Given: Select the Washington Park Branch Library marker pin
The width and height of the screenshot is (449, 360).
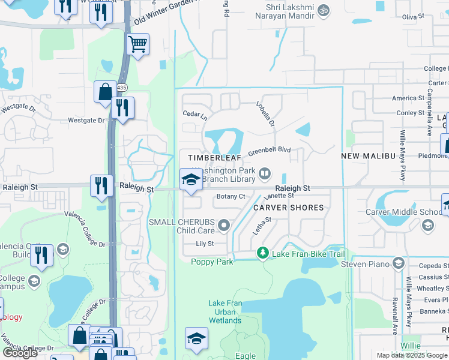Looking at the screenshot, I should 265,174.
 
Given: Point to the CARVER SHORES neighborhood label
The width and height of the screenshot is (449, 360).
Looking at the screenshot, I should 288,208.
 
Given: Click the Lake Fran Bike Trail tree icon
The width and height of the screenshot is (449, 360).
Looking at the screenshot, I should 262,254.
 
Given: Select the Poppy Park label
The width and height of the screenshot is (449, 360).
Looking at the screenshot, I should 211,262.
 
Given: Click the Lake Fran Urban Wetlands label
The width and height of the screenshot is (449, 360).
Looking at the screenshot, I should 225,312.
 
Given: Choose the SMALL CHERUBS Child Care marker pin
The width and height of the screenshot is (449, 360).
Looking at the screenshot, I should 224,226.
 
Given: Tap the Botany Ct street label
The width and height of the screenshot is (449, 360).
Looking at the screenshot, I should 231,197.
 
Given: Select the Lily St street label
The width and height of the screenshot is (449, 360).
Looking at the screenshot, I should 205,244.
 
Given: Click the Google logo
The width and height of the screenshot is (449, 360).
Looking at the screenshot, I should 20,353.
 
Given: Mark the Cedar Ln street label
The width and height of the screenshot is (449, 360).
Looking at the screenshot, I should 194,113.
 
